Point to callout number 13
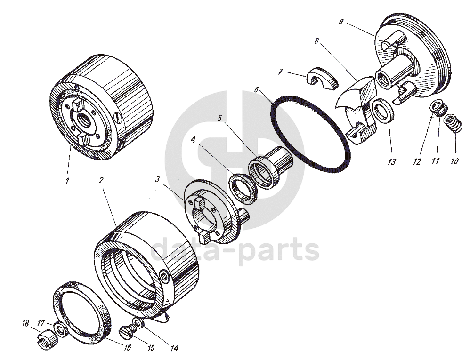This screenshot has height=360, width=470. pos(391,162)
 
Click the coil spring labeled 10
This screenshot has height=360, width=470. pos(452,123)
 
